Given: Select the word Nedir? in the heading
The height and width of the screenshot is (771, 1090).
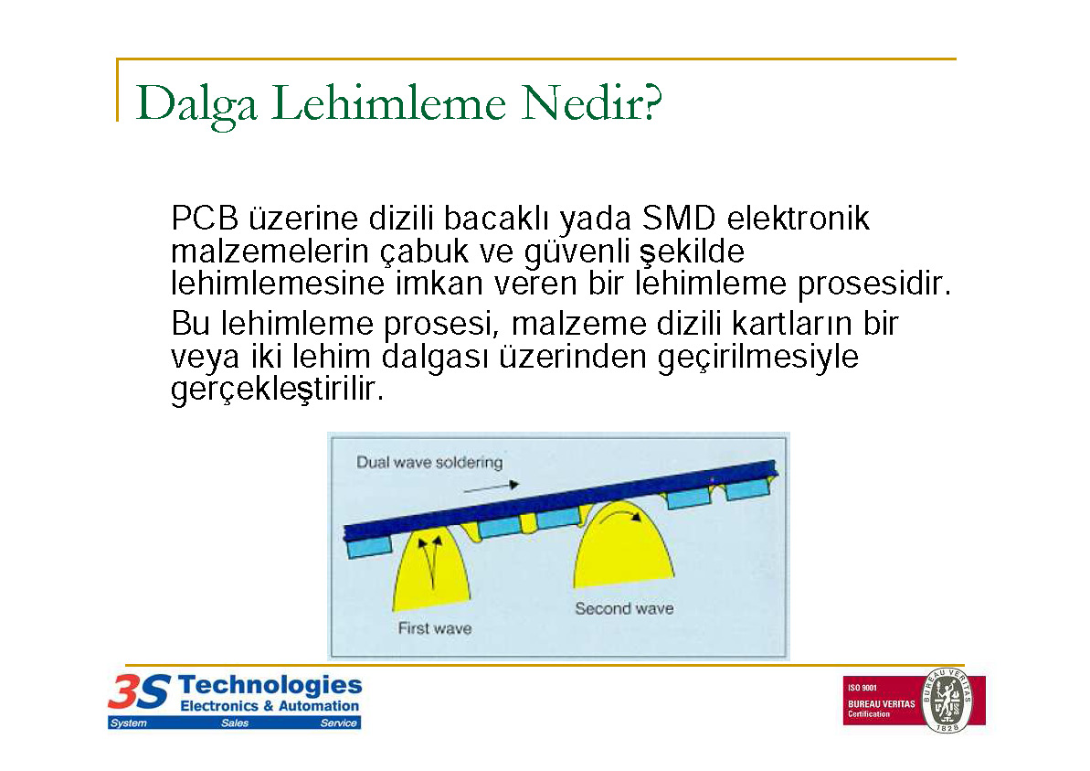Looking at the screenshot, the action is click(591, 103).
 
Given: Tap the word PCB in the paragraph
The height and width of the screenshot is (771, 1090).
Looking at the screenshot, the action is click(205, 219).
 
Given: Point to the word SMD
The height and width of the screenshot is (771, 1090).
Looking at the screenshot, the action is click(679, 219).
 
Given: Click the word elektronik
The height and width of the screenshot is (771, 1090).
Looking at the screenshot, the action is click(798, 219).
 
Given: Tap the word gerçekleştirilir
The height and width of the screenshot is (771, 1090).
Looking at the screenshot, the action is click(278, 390).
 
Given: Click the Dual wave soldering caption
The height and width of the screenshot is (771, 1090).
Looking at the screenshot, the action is click(429, 462).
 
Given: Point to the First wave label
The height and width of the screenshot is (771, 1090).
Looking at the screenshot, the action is click(435, 628).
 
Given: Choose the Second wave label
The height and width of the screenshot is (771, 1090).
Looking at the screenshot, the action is click(624, 609).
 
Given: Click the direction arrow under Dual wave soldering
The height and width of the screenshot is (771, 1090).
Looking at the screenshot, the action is click(492, 487).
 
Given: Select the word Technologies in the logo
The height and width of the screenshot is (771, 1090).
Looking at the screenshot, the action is click(270, 685).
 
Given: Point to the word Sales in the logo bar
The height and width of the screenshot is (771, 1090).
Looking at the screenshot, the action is click(235, 723).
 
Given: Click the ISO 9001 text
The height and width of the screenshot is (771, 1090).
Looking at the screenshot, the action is click(862, 688).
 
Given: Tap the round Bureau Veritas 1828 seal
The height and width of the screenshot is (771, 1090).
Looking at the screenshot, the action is click(947, 700).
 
